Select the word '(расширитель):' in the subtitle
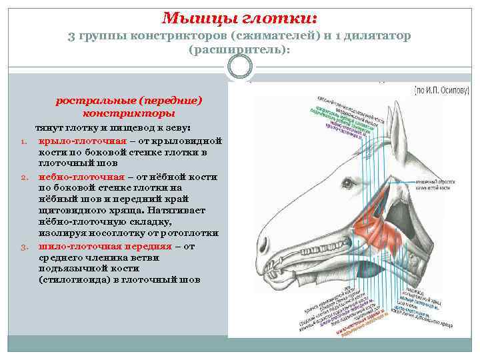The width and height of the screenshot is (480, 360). pyautogui.click(x=240, y=49)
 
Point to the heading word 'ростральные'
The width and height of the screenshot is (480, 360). pyautogui.click(x=95, y=101)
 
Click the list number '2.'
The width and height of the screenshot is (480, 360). pyautogui.click(x=23, y=177)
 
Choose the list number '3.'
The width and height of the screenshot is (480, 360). pyautogui.click(x=23, y=247)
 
